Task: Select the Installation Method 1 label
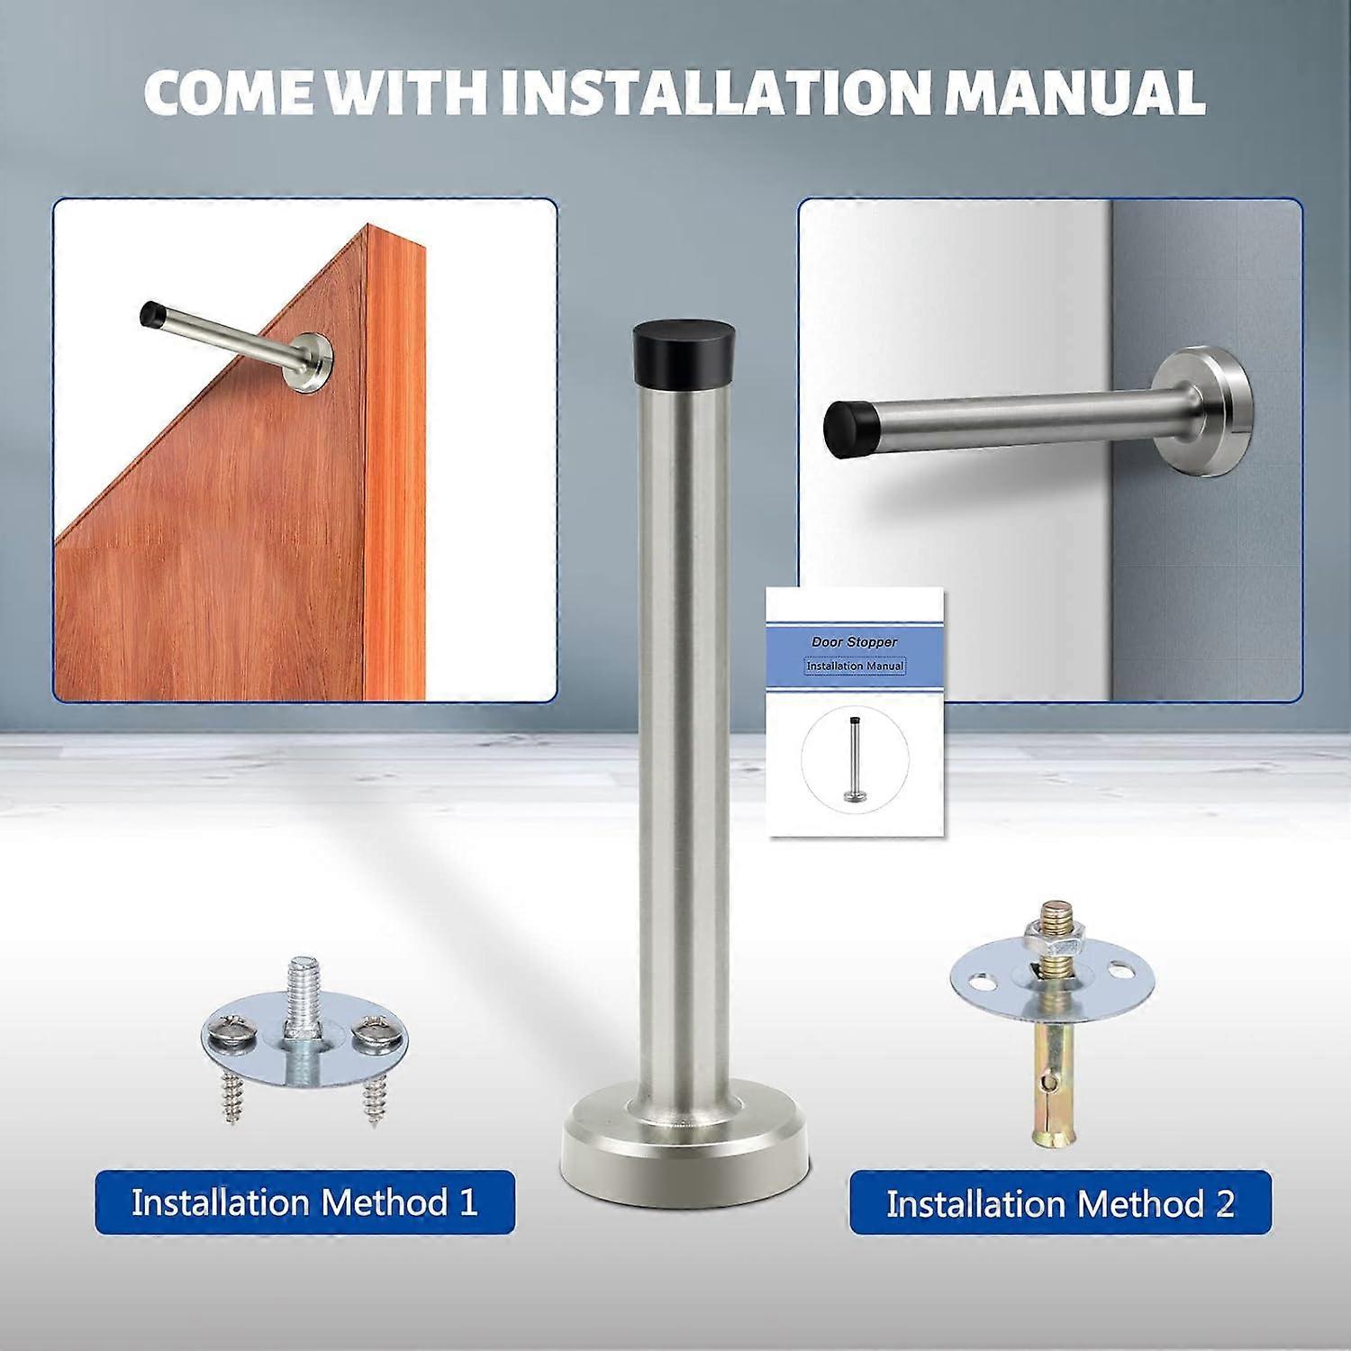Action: click(304, 1202)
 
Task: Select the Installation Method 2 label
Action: click(1060, 1203)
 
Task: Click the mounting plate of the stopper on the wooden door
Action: click(312, 363)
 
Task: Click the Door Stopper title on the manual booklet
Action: click(855, 642)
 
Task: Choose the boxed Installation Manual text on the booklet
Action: click(855, 666)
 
